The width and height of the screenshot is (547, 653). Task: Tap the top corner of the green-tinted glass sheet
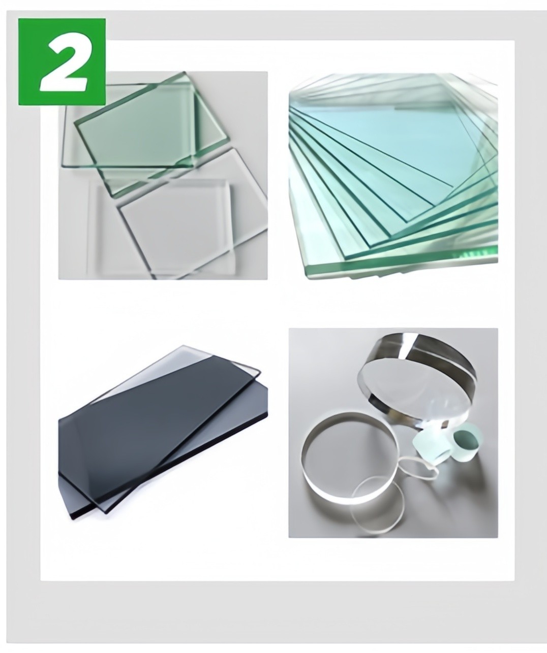[x=185, y=73]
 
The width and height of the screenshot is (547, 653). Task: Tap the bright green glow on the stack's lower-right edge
[x=476, y=251]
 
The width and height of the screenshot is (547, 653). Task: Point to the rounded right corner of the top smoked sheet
[x=258, y=372]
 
